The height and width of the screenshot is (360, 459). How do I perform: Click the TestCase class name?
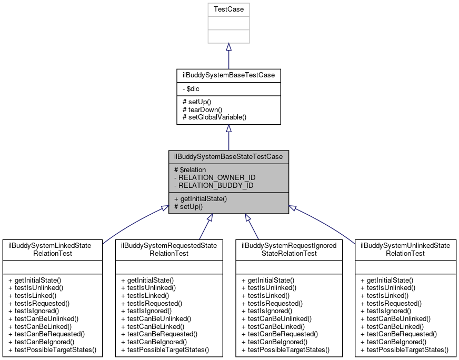click(x=228, y=9)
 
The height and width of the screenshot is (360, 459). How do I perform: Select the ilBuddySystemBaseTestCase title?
click(x=228, y=75)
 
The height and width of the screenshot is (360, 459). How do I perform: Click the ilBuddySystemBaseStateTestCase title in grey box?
click(x=228, y=157)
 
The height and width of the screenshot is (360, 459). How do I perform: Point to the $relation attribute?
click(x=192, y=170)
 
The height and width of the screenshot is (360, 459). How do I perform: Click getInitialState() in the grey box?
click(x=200, y=198)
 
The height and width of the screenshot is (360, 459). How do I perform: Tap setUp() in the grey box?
click(x=188, y=206)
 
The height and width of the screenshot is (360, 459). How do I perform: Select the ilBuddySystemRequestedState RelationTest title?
click(x=169, y=249)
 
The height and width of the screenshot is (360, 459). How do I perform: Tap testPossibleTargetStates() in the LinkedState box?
click(x=53, y=349)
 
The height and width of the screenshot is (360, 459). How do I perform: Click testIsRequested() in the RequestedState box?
click(x=152, y=303)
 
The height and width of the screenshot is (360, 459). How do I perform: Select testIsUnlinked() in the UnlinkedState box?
click(x=388, y=288)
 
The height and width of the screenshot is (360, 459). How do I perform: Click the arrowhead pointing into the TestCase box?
click(x=228, y=47)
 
